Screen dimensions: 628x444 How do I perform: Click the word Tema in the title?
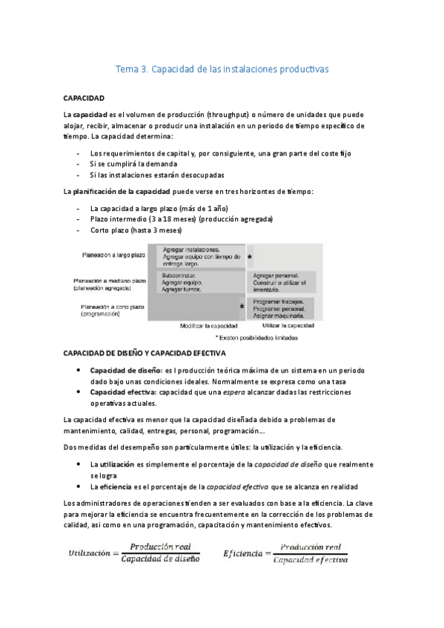127,70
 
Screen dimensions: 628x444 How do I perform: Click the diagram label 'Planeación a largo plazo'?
114,255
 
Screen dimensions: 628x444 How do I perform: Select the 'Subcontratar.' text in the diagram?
179,275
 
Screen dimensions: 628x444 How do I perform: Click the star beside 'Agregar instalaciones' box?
250,256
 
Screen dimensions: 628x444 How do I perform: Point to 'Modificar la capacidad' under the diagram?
209,325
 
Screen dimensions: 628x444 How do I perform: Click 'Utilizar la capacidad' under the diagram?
288,325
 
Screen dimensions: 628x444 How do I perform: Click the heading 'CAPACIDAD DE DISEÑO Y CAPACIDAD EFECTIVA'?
145,353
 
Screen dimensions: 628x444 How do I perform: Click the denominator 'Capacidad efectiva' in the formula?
310,561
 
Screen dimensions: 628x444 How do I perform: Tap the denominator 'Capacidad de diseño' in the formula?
161,559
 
